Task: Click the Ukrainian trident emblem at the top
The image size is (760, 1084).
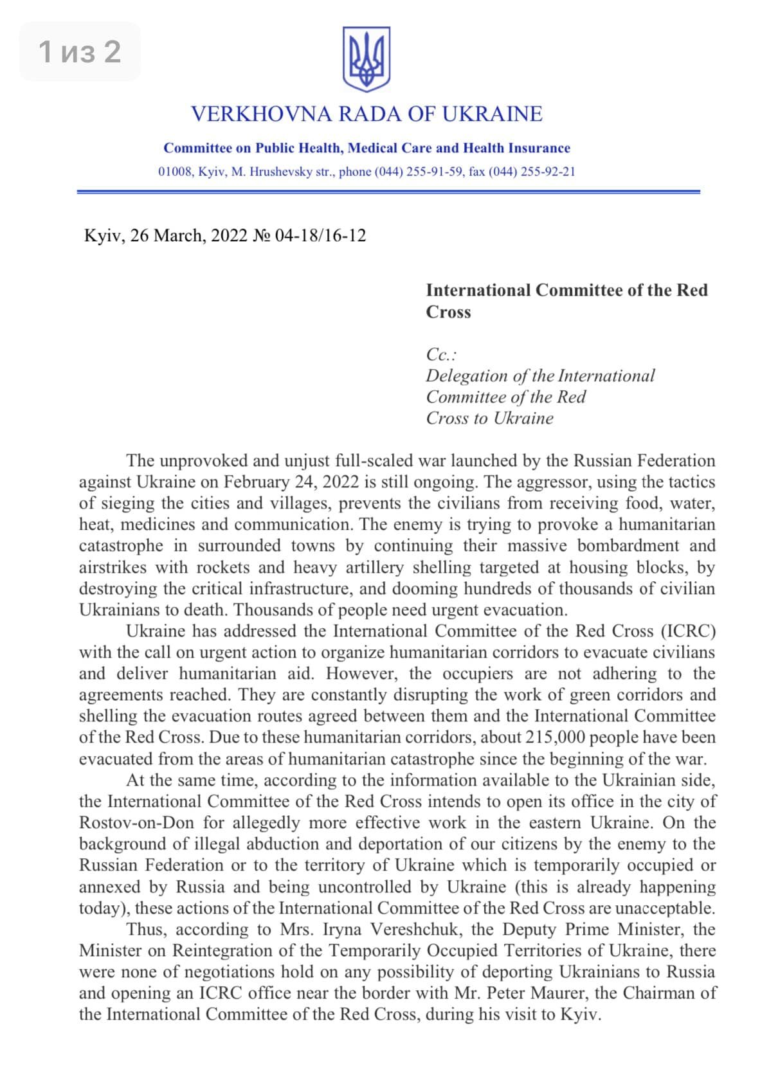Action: pos(366,59)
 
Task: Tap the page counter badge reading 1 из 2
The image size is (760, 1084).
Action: pos(80,51)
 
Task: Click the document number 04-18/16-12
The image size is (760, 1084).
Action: pos(320,236)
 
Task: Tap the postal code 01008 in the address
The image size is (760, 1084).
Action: pos(175,172)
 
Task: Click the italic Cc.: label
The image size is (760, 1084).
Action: pos(441,354)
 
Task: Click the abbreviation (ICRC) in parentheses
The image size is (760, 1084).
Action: pos(688,631)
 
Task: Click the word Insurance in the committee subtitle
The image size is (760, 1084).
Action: pos(539,148)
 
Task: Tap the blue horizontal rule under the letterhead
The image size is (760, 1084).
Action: pos(388,192)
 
